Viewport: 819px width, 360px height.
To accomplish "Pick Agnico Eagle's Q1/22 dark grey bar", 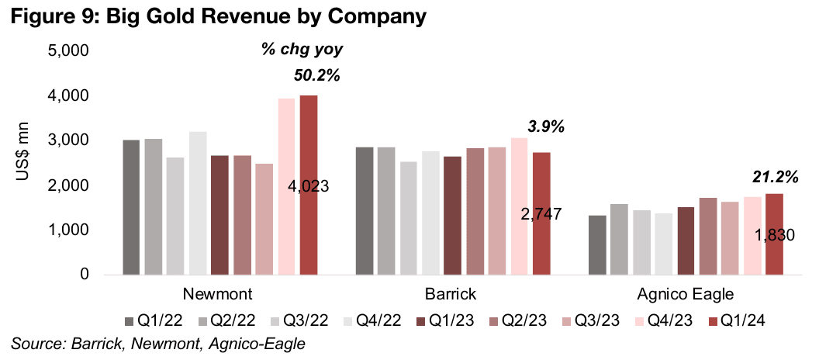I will [597, 245].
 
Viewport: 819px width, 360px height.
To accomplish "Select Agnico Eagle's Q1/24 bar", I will [774, 234].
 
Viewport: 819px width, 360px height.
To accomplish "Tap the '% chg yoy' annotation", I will [301, 50].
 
